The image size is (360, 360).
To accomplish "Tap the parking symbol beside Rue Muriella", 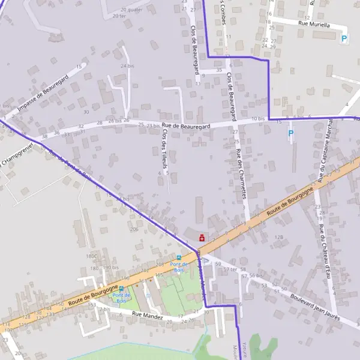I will coord(344,38).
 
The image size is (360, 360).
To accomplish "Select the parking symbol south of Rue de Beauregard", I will coord(291,133).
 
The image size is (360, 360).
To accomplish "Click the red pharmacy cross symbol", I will coord(202,238).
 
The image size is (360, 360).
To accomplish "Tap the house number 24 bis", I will coord(126,66).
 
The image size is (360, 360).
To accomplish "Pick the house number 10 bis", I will coord(258,119).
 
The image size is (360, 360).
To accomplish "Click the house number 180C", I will coord(91,256).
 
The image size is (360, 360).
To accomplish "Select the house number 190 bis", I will coord(110,268).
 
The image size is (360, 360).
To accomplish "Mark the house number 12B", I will coord(278,238).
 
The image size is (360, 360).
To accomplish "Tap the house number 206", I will coord(133,229).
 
